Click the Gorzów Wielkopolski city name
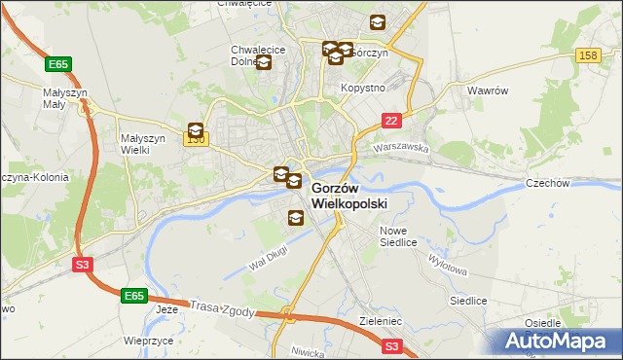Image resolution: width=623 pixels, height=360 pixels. tap(349, 196)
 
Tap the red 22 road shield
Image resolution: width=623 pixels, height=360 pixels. tap(390, 120)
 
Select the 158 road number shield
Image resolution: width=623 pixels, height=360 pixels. tap(587, 55)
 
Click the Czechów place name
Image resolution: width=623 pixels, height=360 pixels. tap(546, 182)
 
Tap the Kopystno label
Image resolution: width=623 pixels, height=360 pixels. tap(363, 88)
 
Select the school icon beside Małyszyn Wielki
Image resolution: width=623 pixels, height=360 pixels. tap(196, 129)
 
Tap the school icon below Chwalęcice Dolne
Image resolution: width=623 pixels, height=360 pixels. tap(263, 63)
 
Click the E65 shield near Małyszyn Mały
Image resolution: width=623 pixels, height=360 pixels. tap(57, 64)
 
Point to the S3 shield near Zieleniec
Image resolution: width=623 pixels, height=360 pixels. tap(391, 344)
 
